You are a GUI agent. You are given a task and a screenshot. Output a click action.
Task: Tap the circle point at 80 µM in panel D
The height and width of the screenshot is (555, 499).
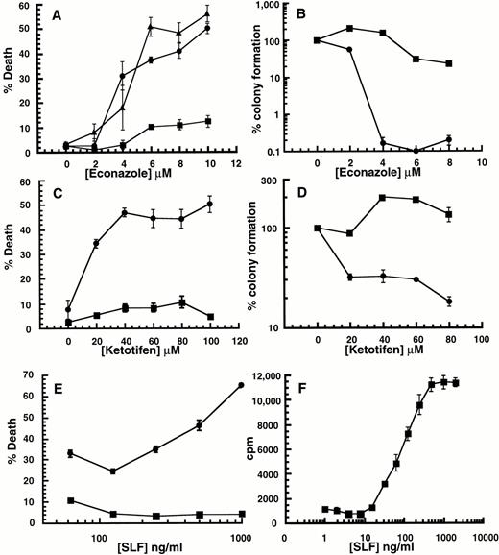point(449,302)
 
